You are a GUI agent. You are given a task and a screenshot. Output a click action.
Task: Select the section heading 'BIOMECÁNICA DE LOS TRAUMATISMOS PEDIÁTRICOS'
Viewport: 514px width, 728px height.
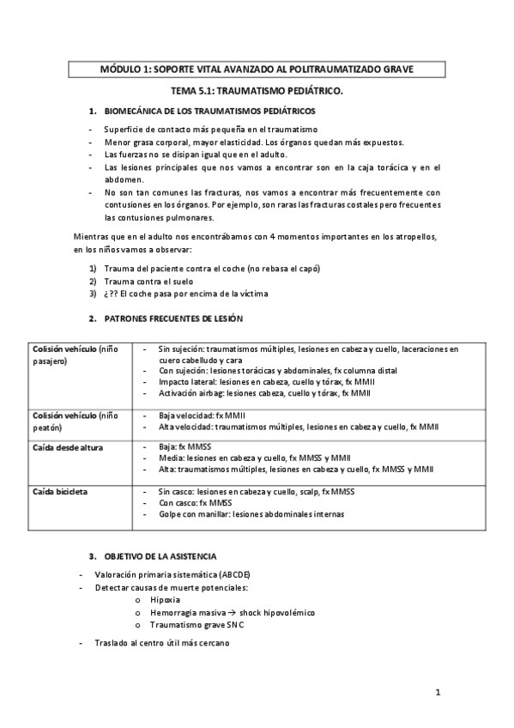coord(209,111)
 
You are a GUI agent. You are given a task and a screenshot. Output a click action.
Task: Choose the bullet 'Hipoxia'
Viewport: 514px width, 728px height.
coord(166,600)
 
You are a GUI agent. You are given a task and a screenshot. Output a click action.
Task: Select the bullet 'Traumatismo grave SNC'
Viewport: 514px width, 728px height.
coord(196,625)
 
